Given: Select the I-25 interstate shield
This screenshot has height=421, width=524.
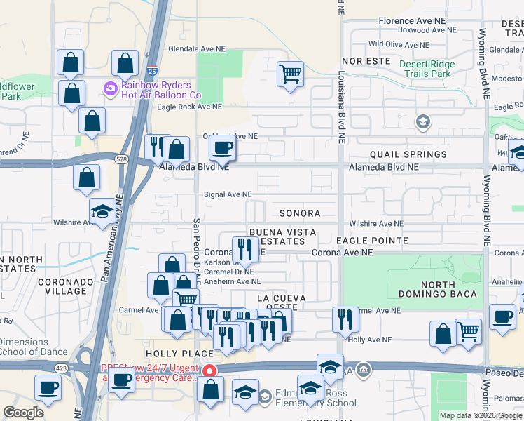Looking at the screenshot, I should [x=153, y=72].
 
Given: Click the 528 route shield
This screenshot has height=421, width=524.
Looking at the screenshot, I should [x=121, y=160].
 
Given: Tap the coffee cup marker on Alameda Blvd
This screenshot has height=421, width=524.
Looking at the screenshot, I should [x=223, y=148].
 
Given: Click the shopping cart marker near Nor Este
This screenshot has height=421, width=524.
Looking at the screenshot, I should [x=290, y=73].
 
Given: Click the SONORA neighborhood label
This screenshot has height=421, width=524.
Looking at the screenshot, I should [x=300, y=213].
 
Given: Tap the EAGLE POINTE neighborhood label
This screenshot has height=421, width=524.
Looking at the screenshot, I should [x=371, y=241].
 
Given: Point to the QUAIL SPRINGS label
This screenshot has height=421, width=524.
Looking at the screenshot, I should [x=408, y=154].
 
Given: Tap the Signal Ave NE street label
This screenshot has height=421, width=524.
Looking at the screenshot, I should [x=228, y=194].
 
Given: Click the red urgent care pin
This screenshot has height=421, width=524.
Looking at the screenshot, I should [x=208, y=370].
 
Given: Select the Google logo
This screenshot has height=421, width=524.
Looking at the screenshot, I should [x=24, y=413].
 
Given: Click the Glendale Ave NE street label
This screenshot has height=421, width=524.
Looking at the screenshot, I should [x=197, y=49].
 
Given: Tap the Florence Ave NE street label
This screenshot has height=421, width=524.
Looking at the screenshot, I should [x=417, y=21].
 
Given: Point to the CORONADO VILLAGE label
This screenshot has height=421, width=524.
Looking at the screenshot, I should [x=67, y=286].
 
